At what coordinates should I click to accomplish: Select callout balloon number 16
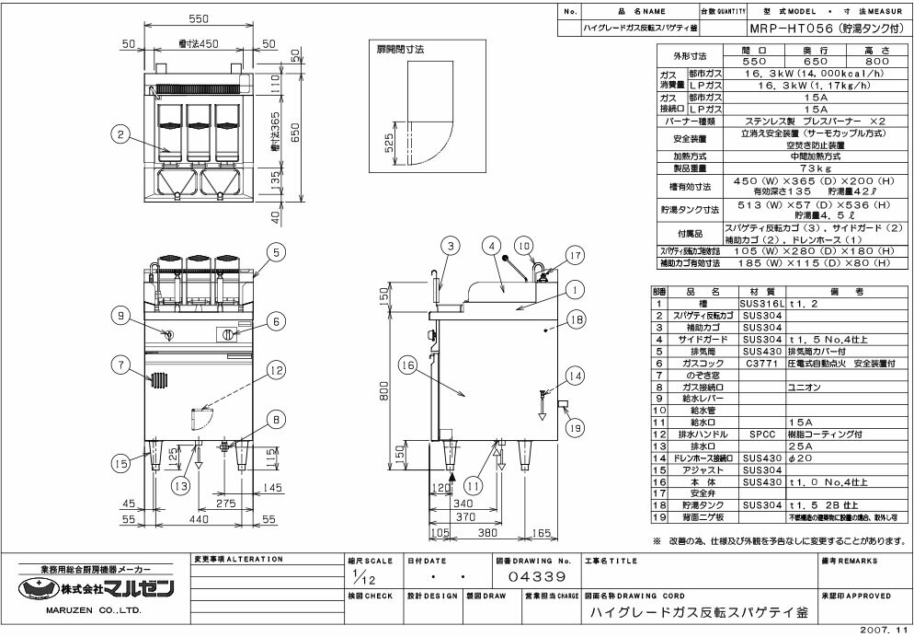click(x=407, y=365)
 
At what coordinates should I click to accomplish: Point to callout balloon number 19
click(x=575, y=426)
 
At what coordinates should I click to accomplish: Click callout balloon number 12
click(x=275, y=370)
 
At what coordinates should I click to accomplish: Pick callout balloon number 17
click(x=575, y=256)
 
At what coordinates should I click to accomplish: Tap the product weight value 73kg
click(x=808, y=170)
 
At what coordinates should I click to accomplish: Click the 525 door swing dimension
click(x=389, y=144)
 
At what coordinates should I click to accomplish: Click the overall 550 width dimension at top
click(x=200, y=18)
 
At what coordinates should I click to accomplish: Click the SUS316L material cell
click(x=760, y=303)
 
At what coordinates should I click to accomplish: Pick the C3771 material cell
click(x=760, y=364)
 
